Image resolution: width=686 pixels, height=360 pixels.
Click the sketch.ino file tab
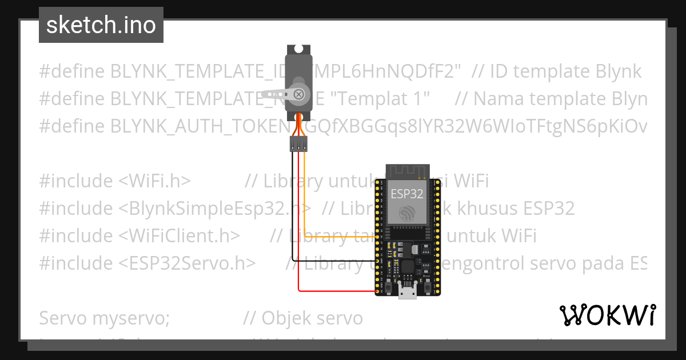coord(101,25)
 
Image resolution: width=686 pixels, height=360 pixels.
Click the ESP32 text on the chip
coord(407,194)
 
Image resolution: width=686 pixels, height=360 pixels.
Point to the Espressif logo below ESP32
coord(407,214)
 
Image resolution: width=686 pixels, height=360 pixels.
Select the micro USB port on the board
coord(407,293)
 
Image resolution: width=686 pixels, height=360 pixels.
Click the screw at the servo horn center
coord(298,94)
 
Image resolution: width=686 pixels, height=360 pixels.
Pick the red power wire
coord(298,229)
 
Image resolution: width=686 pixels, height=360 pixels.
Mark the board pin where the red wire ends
coord(377,292)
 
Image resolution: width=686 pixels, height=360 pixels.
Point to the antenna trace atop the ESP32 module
coord(407,170)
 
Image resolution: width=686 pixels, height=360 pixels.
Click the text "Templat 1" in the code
coord(380,99)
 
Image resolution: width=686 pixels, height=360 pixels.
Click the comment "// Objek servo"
coord(303,318)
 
